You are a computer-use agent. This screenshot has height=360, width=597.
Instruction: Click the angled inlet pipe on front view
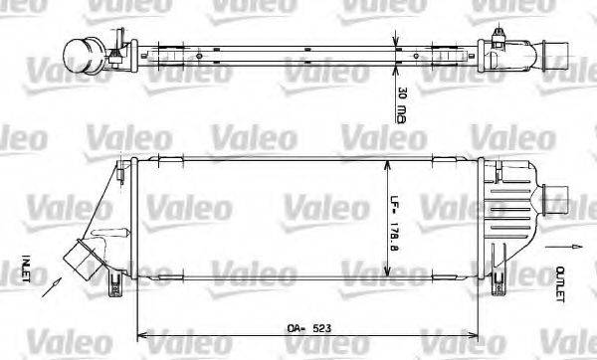pos(82,258)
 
